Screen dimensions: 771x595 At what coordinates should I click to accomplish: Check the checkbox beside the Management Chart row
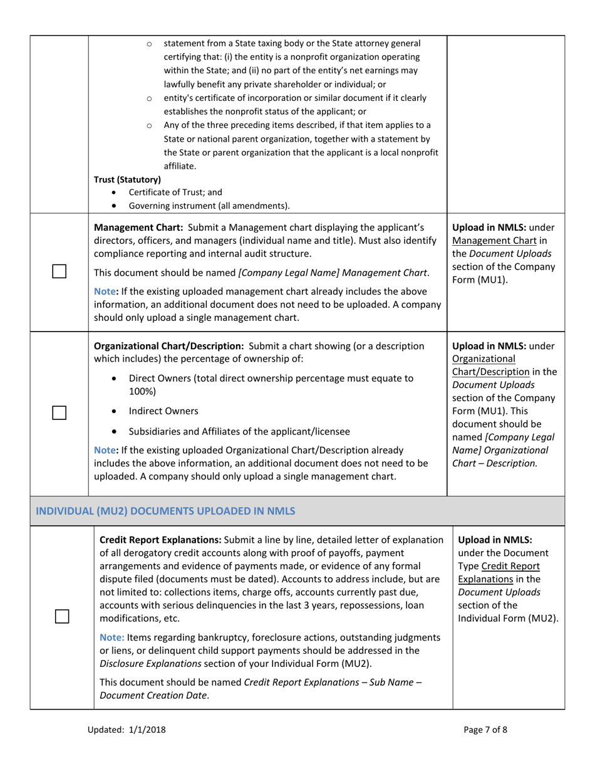(x=59, y=271)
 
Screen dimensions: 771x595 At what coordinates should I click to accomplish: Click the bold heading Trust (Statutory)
(x=127, y=179)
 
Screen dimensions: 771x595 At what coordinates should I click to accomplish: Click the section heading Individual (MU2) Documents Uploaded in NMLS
(x=166, y=511)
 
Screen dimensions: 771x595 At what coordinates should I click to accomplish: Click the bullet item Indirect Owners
(x=163, y=411)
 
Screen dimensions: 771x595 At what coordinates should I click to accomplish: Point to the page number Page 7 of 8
(x=486, y=729)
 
